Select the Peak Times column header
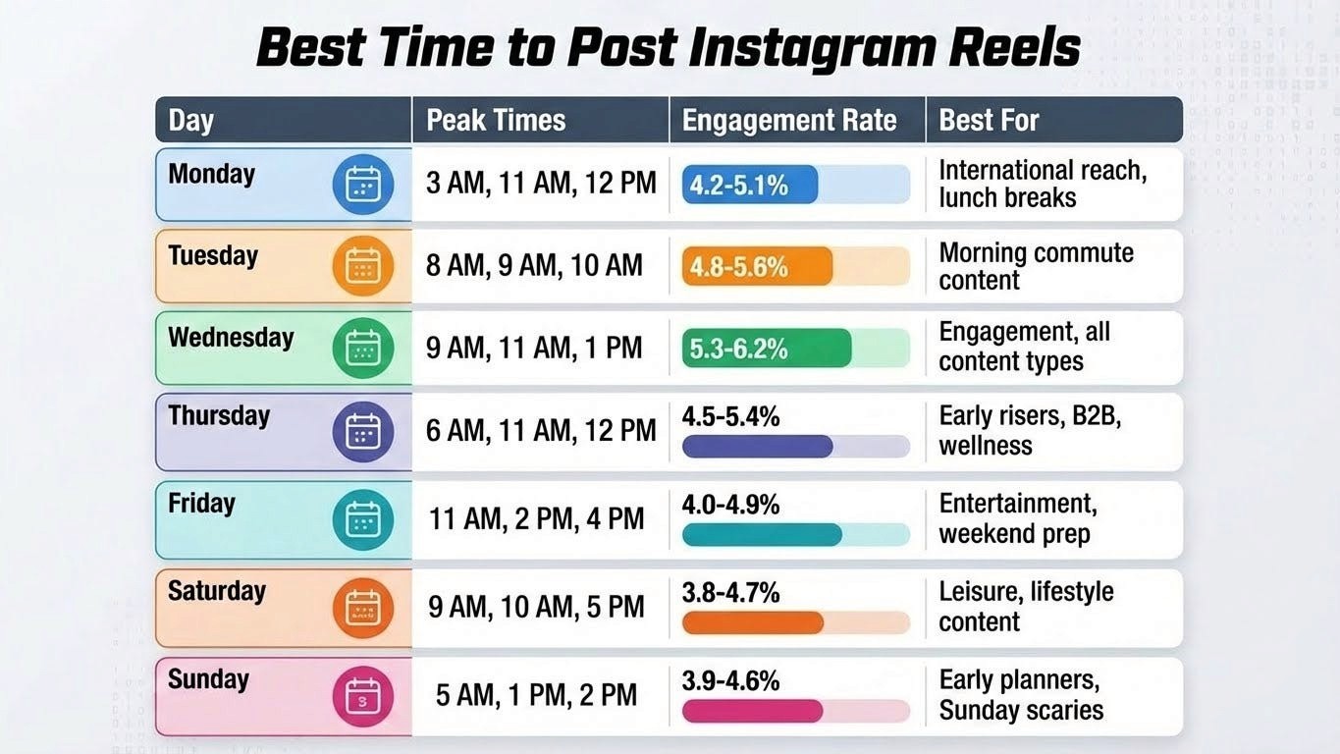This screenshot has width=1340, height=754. coord(496,121)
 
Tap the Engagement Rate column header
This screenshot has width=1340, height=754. coord(789,121)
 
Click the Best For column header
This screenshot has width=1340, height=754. coord(989,121)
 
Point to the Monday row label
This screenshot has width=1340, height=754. coord(211,175)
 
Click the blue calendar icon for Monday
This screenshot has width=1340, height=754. coord(362,185)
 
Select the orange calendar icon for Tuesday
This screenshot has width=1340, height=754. coord(362,266)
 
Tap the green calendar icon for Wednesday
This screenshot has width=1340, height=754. coord(362,349)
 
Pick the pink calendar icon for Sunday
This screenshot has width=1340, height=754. coord(362,696)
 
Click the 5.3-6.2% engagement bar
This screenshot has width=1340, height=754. coord(766,349)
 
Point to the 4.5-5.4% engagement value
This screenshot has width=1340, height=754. coord(730,417)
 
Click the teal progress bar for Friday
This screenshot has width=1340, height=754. coord(762,535)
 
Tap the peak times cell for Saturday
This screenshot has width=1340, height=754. coord(536,607)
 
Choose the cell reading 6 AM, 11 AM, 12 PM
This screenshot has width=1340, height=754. coord(541,430)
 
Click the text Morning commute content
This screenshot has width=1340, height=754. coord(1036,266)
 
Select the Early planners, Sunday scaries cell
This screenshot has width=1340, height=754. coord(1021,695)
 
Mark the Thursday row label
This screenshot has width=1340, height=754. coord(219,415)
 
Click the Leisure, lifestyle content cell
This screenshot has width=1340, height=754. coord(1026,607)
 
